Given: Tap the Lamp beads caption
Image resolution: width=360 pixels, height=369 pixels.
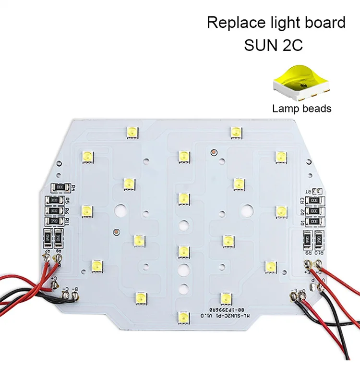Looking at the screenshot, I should [x=301, y=109].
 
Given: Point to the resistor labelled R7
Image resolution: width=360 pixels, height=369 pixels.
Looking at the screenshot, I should [x=48, y=238].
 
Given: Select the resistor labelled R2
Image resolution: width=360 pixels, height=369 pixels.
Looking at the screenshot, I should [x=315, y=211].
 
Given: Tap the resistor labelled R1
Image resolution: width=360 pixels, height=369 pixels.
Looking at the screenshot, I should [x=315, y=222].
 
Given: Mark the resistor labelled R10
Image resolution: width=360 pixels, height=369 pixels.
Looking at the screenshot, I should [x=318, y=238].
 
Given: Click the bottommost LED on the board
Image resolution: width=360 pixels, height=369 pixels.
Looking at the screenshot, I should [x=183, y=317].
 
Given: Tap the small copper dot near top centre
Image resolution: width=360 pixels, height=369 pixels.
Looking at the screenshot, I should [x=213, y=152].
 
